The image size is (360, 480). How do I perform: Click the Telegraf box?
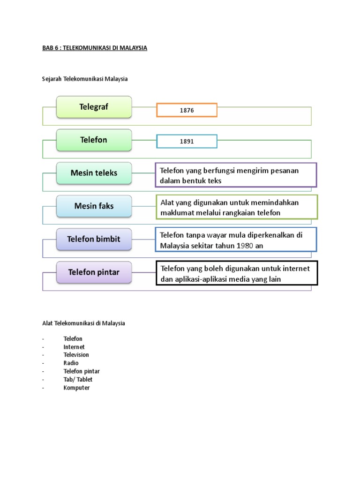pos(94,107)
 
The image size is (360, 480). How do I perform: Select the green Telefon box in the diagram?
pos(94,140)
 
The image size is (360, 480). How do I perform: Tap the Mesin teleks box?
pos(94,173)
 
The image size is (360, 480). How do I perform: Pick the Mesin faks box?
pos(94,206)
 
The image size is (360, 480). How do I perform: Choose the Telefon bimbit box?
pos(94,239)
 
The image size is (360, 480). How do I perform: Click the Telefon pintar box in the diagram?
pos(94,272)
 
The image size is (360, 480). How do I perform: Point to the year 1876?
pos(187,110)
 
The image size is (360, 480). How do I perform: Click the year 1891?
pos(187,141)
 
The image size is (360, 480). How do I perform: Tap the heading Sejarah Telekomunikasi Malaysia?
pos(85,79)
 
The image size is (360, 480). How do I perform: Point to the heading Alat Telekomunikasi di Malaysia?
pos(83,323)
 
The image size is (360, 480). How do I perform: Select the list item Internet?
pos(74,347)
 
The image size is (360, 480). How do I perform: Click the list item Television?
pos(76,355)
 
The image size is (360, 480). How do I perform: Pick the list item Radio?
pos(71,363)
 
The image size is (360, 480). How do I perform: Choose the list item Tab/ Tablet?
pos(78,379)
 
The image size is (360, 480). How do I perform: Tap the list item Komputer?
pos(77,388)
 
